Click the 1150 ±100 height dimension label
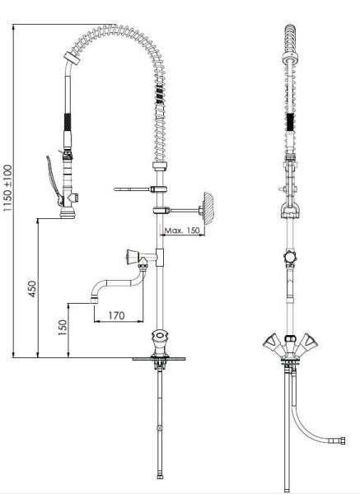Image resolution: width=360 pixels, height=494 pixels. coord(8,188)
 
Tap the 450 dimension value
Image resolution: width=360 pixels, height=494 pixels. coord(32,289)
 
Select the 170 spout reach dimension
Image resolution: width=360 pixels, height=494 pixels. coord(116,315)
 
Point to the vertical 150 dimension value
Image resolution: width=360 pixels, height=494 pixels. coord(63,328)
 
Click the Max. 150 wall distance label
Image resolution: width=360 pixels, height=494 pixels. coord(182,231)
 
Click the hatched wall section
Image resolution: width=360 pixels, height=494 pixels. coord(209,208)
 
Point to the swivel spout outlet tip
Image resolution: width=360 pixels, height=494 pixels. coord(94,300)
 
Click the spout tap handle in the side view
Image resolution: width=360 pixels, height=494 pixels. coord(133,257)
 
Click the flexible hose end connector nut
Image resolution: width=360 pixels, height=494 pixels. coord(340,440)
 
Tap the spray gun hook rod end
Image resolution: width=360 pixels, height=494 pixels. coord(115,189)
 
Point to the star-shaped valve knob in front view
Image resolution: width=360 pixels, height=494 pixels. coord(290,258)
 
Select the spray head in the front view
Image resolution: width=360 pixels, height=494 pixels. coord(290,210)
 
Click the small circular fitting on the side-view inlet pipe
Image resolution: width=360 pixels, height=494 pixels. coord(160,428)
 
